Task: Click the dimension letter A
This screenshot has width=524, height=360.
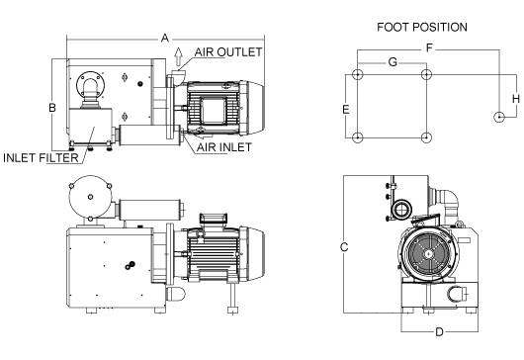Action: (x=165, y=39)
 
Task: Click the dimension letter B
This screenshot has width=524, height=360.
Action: (x=52, y=108)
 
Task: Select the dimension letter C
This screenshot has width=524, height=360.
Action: (x=344, y=247)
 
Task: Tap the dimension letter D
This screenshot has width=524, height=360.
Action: (x=439, y=332)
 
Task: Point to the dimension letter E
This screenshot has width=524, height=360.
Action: (x=346, y=110)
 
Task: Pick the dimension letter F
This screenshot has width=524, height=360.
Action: (x=429, y=48)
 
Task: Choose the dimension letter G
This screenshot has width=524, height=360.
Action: (x=393, y=62)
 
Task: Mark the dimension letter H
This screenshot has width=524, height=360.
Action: (x=516, y=99)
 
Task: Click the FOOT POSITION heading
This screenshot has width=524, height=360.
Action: (x=422, y=27)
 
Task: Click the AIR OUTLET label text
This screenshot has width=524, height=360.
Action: (x=228, y=52)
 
